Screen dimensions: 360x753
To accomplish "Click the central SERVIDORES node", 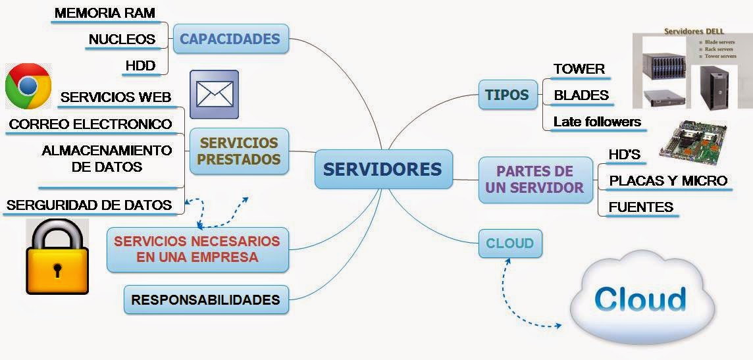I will [x=382, y=169].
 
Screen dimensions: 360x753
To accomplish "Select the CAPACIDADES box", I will [x=230, y=39].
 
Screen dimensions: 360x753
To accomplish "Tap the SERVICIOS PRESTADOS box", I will [x=239, y=151].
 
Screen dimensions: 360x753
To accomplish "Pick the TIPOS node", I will [x=507, y=95].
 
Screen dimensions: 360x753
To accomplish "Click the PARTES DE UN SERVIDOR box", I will [x=534, y=179].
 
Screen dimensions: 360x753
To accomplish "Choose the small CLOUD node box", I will [x=509, y=244].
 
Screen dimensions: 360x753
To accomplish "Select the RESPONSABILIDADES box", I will [x=205, y=300].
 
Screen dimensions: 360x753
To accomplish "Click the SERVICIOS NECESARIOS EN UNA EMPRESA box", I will [x=197, y=249].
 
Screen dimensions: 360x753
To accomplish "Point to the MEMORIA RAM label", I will [x=105, y=13].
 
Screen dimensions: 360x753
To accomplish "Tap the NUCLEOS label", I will [x=122, y=39].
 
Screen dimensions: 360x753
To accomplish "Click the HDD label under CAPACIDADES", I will [x=140, y=66].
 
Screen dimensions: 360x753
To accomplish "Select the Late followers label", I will [x=597, y=122].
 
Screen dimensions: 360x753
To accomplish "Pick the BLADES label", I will [x=581, y=95].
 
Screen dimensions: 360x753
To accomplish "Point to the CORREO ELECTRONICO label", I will [x=90, y=124].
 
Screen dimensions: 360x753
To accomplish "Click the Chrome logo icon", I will [x=28, y=86].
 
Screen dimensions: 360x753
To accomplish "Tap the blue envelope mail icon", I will [x=215, y=94].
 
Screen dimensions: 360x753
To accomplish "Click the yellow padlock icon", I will [x=57, y=257].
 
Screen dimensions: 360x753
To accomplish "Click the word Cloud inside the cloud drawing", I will [x=640, y=299].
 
